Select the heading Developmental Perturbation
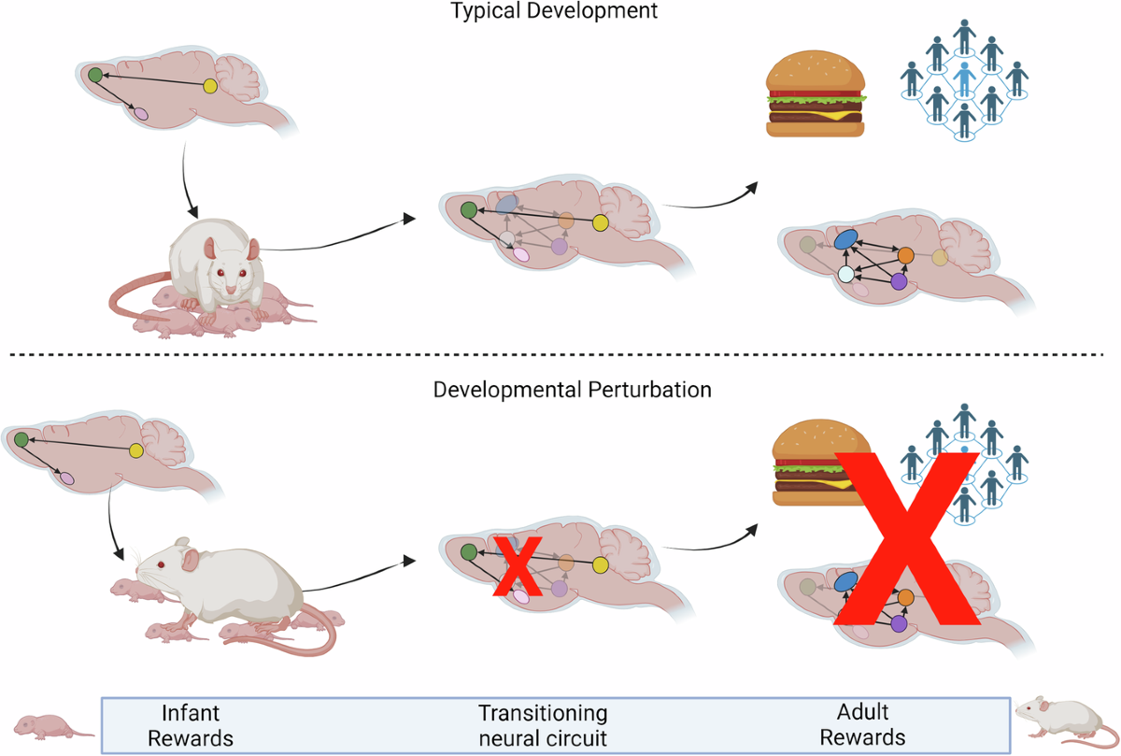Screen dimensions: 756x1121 572,389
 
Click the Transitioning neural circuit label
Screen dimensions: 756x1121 543,725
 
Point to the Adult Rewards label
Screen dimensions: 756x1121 861,725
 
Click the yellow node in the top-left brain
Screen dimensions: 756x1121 209,86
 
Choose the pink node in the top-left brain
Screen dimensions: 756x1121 141,114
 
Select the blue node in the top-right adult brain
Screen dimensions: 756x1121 845,240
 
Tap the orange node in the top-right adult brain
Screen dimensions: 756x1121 905,255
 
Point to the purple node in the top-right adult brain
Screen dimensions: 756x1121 899,280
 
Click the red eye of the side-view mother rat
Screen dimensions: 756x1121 162,564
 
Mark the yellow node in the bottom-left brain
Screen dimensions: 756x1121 136,450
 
